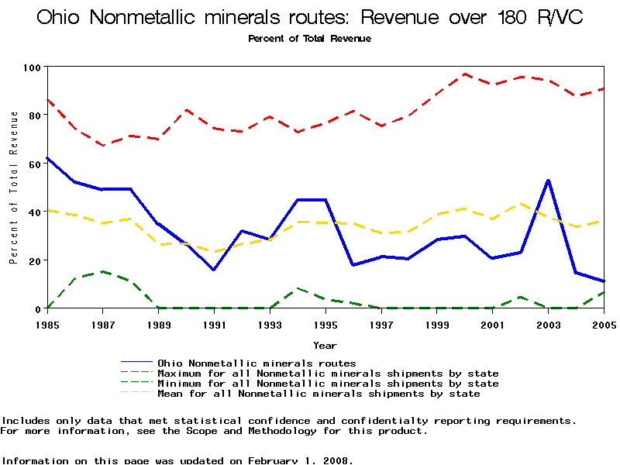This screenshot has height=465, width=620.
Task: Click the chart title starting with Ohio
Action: click(x=309, y=17)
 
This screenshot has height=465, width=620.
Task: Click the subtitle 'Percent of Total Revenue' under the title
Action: click(x=309, y=39)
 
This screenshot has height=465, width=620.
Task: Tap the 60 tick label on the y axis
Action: click(x=33, y=164)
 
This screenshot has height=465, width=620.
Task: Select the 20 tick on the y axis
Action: click(x=33, y=260)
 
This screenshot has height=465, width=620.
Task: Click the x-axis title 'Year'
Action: click(x=325, y=345)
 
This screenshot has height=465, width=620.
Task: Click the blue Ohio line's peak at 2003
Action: click(x=548, y=181)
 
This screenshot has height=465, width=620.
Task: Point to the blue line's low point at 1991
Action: click(x=214, y=270)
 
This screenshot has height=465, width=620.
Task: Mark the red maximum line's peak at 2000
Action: click(x=464, y=74)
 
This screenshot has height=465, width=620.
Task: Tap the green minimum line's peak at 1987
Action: click(x=102, y=272)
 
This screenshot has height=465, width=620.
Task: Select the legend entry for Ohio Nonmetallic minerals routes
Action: click(x=257, y=363)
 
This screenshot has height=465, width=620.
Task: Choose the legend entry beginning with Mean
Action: click(x=319, y=394)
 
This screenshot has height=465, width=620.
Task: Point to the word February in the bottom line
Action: click(x=276, y=460)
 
